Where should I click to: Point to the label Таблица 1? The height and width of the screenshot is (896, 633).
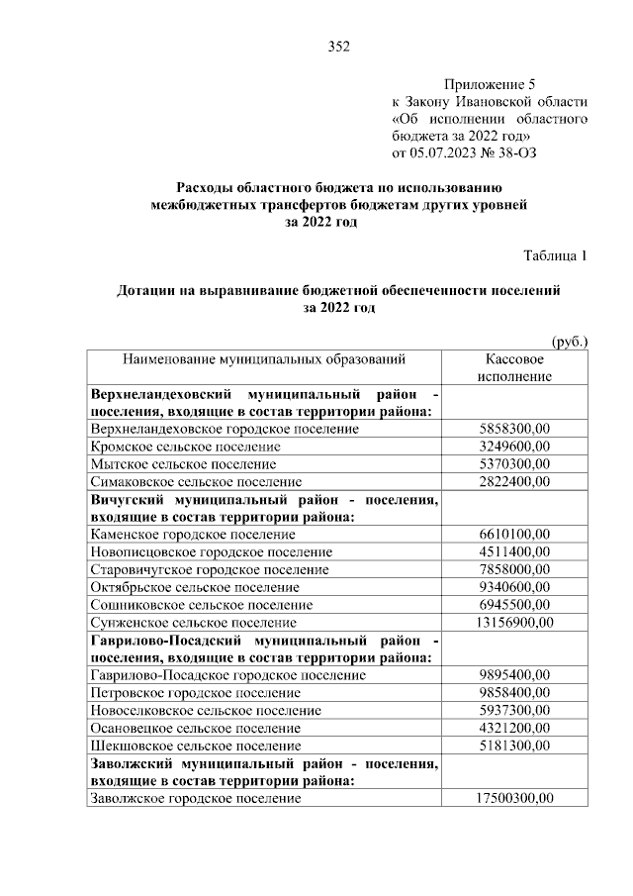[555, 255]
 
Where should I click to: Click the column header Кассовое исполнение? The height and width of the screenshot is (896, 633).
[513, 368]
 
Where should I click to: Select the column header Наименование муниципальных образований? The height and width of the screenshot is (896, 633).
[264, 360]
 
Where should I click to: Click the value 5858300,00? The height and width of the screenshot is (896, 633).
[513, 429]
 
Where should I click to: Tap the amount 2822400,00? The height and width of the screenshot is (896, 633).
[513, 481]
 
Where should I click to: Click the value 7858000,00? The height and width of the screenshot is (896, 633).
[513, 569]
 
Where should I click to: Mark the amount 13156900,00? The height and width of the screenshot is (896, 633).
[513, 622]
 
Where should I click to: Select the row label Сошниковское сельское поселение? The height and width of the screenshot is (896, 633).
[195, 604]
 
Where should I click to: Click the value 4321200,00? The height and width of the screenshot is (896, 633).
[513, 728]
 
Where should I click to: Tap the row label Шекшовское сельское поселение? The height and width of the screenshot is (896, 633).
[195, 745]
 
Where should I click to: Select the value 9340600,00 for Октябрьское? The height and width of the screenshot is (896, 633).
[513, 587]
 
